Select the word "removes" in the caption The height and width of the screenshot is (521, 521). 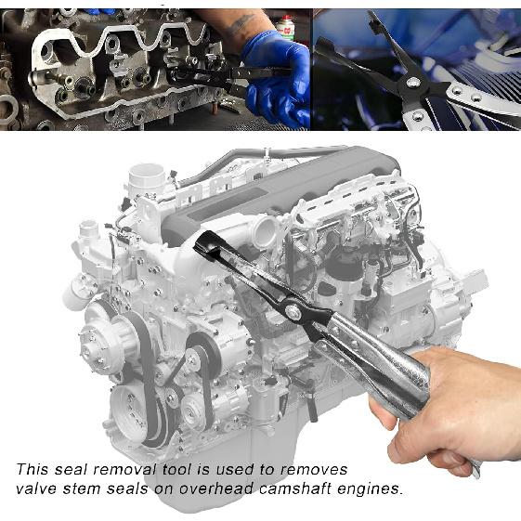click(x=315, y=470)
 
